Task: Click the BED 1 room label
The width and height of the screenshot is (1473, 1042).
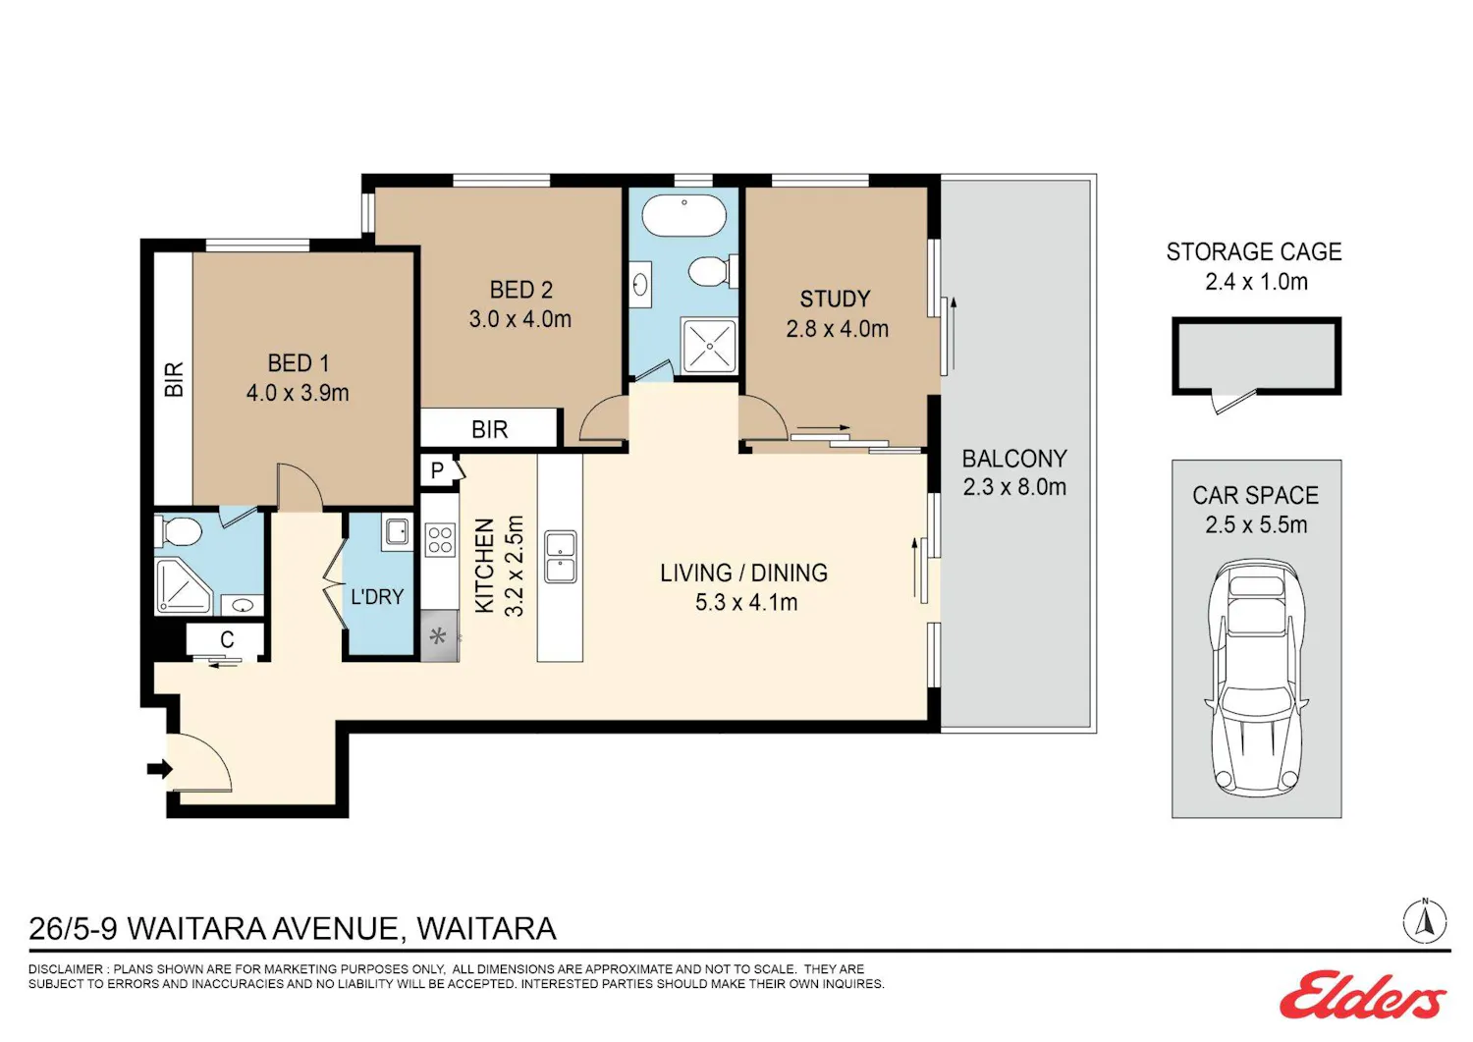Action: click(298, 363)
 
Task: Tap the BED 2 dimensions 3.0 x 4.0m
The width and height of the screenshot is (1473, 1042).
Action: click(520, 319)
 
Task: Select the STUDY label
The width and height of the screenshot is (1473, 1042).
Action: click(835, 300)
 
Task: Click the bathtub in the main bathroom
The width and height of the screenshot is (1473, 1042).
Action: click(683, 215)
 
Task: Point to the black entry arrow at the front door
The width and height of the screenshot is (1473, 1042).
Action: click(159, 768)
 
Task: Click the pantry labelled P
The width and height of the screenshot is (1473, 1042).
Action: click(439, 470)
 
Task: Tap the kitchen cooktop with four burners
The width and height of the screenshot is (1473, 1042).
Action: click(439, 539)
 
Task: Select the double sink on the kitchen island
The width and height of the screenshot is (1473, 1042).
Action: click(561, 557)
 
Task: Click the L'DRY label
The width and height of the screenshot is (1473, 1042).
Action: click(377, 597)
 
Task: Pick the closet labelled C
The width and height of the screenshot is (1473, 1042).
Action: click(226, 638)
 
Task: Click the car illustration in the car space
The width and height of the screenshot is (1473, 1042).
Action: click(1257, 679)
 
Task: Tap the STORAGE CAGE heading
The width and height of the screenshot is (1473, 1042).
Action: click(1254, 252)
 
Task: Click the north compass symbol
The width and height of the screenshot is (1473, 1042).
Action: click(1425, 921)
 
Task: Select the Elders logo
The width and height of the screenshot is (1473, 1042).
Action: click(1363, 995)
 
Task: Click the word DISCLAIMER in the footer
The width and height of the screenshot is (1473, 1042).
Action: click(66, 969)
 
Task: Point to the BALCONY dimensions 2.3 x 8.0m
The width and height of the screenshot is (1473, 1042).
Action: click(1014, 487)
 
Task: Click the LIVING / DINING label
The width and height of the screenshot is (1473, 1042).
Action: click(743, 573)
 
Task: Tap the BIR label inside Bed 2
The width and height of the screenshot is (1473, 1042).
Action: click(489, 429)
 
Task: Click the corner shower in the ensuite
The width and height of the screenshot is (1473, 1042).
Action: click(183, 586)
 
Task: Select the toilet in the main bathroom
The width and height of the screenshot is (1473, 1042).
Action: click(712, 270)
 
